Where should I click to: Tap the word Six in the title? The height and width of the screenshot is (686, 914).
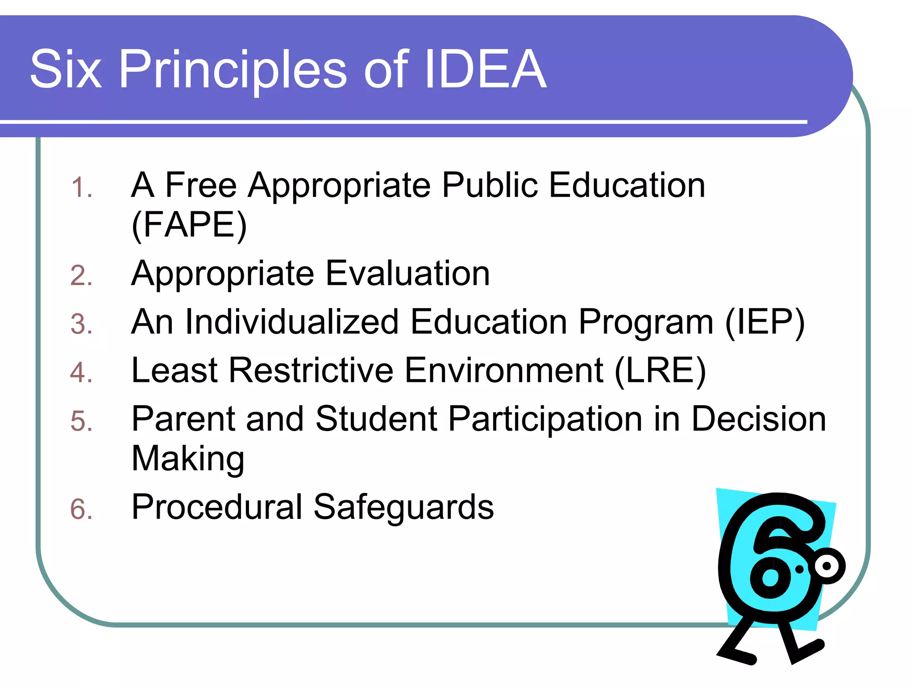tap(66, 69)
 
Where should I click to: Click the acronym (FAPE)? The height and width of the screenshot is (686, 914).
tap(189, 225)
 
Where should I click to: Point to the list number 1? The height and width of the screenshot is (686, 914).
tap(81, 187)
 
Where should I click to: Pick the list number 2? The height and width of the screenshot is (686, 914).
tap(81, 275)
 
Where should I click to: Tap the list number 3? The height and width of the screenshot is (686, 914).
tap(81, 324)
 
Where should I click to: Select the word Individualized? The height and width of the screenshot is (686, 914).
tap(292, 321)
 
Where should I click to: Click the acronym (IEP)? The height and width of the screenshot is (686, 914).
tap(765, 322)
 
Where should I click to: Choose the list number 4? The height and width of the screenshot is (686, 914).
tap(81, 372)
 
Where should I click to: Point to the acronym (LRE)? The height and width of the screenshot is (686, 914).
tap(660, 370)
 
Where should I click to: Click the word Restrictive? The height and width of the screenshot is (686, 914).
tap(311, 370)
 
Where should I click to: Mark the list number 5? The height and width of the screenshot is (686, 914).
tap(81, 421)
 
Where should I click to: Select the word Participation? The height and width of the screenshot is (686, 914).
tap(545, 419)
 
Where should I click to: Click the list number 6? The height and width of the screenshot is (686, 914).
tap(81, 509)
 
